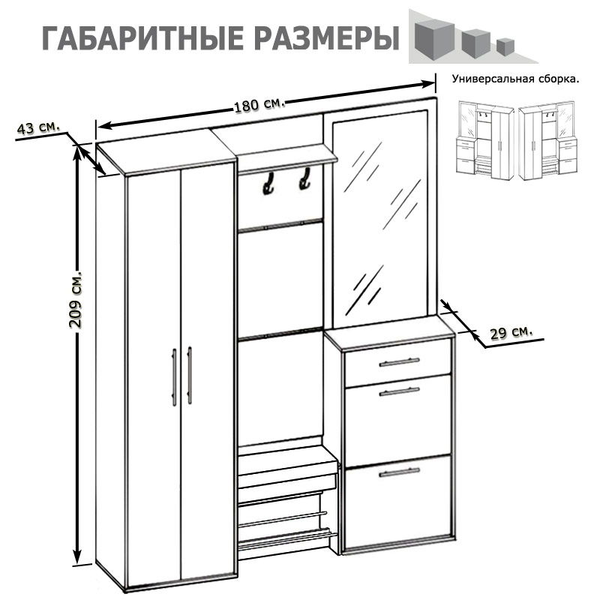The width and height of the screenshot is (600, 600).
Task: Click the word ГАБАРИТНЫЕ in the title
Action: [x=138, y=38]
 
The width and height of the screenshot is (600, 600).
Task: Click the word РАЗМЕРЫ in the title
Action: [x=323, y=38]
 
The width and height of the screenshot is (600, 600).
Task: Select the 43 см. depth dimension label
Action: [x=37, y=127]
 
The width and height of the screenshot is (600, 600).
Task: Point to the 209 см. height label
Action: [x=75, y=300]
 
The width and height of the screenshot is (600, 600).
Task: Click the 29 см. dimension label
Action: [x=511, y=331]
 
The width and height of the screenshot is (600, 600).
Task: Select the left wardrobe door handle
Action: [x=174, y=376]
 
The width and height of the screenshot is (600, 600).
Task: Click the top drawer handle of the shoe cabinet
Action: [x=399, y=362]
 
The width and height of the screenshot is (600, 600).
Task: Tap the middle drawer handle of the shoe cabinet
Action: [x=399, y=391]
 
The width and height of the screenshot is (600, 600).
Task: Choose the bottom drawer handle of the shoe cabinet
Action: [x=399, y=472]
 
